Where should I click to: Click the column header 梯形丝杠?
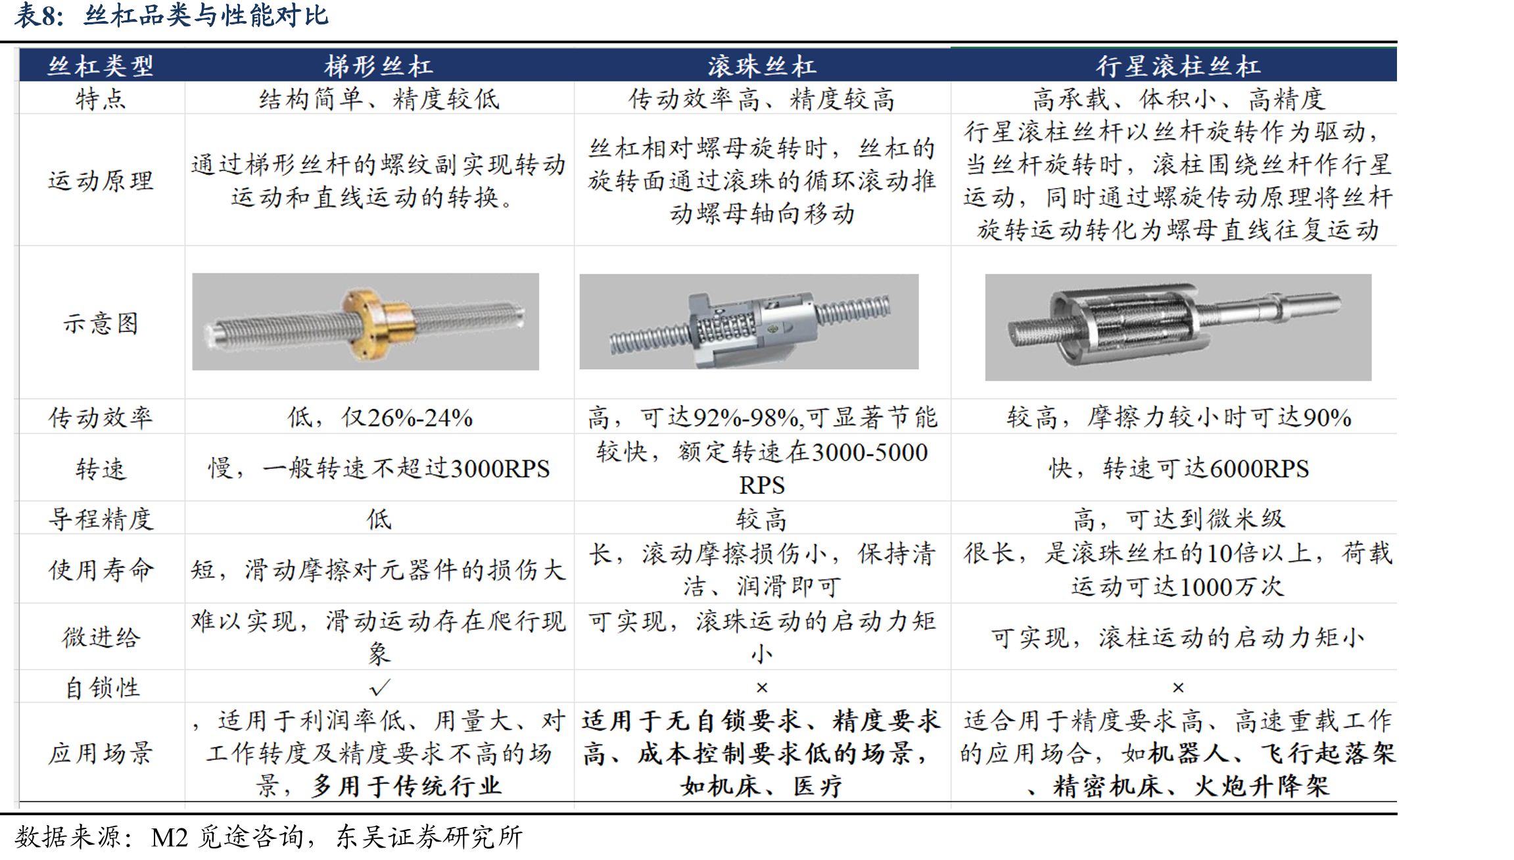[379, 66]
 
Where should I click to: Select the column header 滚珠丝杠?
[762, 66]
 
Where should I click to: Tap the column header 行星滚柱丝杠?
[1177, 66]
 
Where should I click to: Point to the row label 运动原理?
[101, 181]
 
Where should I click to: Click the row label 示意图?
[101, 323]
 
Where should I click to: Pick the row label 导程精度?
[101, 519]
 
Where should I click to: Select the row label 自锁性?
[103, 688]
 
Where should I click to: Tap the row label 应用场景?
[101, 753]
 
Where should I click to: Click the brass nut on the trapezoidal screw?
[375, 322]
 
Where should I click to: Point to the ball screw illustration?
[749, 322]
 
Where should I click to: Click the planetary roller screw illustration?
[1178, 327]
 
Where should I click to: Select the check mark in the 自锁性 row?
[379, 688]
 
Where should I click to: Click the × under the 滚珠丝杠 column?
[762, 688]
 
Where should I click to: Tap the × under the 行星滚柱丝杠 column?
[1178, 688]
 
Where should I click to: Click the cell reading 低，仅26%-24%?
[380, 417]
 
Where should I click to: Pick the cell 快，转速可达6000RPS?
[1179, 468]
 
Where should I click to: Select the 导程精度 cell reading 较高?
[761, 519]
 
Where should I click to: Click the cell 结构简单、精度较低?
[379, 99]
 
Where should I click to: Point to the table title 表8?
[39, 16]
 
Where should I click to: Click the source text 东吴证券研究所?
[430, 837]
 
